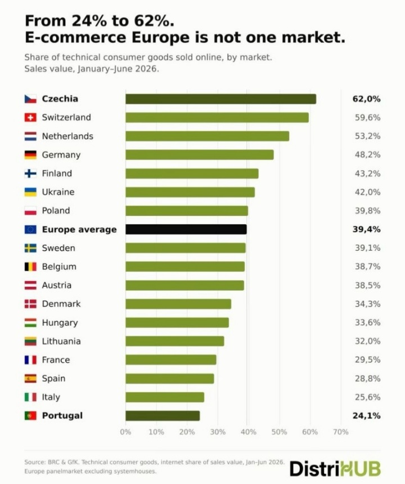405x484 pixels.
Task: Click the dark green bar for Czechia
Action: tap(220, 99)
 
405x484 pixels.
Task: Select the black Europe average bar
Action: tap(186, 229)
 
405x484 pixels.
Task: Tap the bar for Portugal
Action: tap(163, 416)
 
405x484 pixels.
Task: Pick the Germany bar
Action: tap(200, 154)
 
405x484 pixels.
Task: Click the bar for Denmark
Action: tap(178, 304)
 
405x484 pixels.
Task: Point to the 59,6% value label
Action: tap(367, 118)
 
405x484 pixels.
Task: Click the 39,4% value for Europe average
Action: tap(367, 229)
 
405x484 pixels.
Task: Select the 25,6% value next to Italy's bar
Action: tap(367, 397)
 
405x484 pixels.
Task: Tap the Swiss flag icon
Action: tap(30, 118)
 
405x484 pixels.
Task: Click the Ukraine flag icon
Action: tap(30, 192)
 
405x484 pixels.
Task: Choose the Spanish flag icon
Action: tap(30, 379)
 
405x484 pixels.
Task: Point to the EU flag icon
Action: tap(30, 229)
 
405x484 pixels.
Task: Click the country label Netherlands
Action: tap(67, 136)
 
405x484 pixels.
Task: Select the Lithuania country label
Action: tap(61, 341)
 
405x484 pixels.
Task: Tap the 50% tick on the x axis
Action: tap(279, 432)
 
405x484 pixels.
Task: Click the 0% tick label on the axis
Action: tap(125, 432)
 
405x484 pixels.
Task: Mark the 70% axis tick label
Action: tap(340, 432)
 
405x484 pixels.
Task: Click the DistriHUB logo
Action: tap(335, 469)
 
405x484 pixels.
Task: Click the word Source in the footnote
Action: tap(35, 462)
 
